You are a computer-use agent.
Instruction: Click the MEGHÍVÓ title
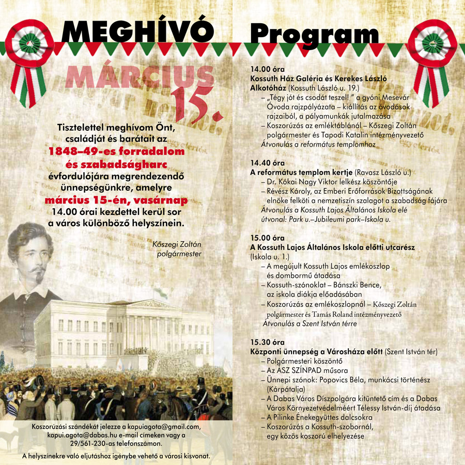coord(137,32)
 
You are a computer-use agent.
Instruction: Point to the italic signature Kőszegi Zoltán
coord(177,244)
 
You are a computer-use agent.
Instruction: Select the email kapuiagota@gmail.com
coord(160,427)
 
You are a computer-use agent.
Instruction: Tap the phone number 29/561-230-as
coord(96,443)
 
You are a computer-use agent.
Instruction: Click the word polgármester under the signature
coord(179,254)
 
